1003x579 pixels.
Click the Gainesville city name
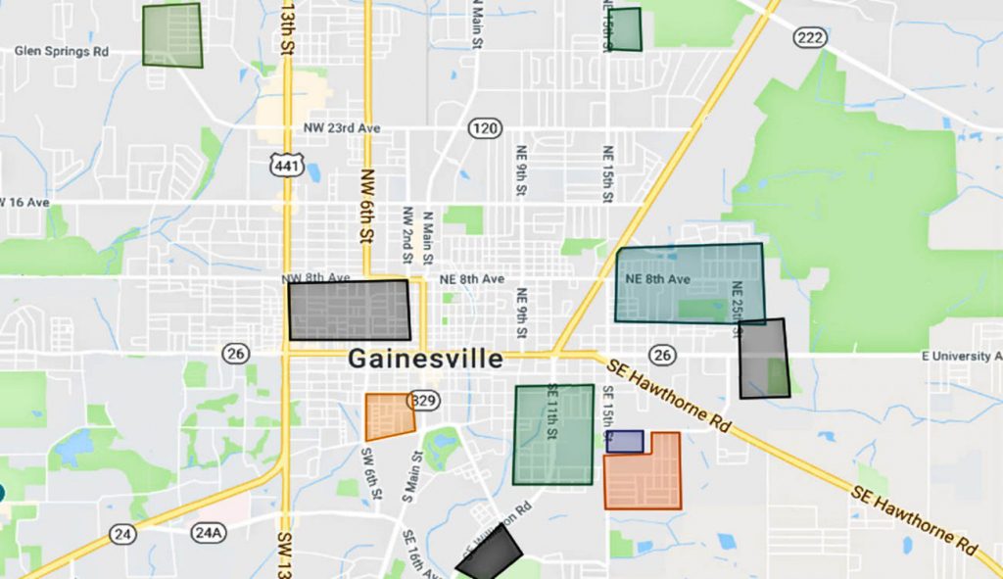[x=425, y=359]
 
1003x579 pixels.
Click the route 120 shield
[x=485, y=128]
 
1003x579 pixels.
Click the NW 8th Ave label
[x=314, y=278]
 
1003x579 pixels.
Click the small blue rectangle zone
[x=625, y=441]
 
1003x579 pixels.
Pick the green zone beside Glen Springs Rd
[x=172, y=35]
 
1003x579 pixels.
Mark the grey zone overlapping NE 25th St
[x=763, y=359]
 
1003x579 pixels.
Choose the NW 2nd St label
[x=407, y=234]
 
